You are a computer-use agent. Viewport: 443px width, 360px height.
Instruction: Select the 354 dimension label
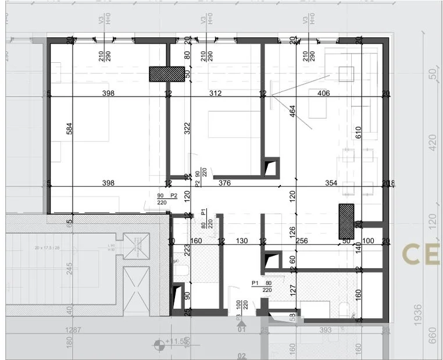pyautogui.click(x=331, y=183)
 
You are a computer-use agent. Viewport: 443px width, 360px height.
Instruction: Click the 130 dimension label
pyautogui.click(x=242, y=241)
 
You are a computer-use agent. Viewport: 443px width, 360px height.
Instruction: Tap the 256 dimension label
pyautogui.click(x=301, y=241)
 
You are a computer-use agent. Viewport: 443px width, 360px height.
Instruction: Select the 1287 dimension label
pyautogui.click(x=74, y=330)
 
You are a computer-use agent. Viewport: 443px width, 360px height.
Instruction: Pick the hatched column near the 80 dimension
pyautogui.click(x=167, y=74)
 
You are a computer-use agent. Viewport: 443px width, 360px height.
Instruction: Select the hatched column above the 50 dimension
pyautogui.click(x=346, y=221)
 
